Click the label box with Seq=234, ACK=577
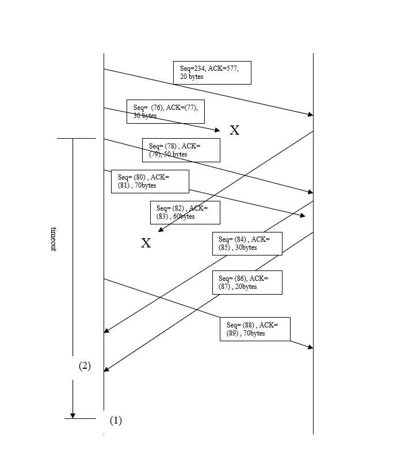[212, 73]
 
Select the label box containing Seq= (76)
[166, 111]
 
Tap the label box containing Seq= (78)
[181, 150]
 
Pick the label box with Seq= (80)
[150, 181]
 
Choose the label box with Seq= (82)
[185, 212]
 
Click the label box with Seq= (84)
[247, 243]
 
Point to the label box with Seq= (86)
[247, 282]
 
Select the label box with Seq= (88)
[255, 329]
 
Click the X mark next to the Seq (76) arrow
[235, 130]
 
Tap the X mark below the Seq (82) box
[146, 243]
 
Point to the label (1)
[116, 420]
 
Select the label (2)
[85, 366]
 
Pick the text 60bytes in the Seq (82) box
[184, 217]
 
